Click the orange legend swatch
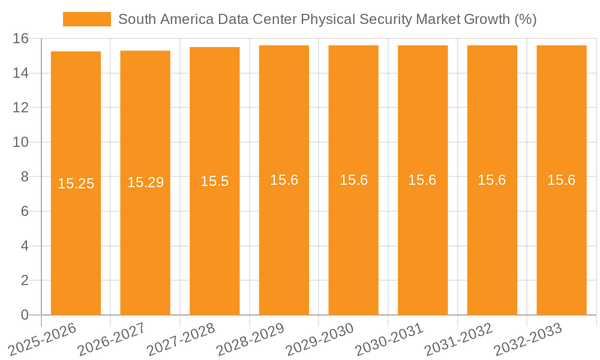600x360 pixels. click(x=87, y=19)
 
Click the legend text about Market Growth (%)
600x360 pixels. click(x=327, y=19)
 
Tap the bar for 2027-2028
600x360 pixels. click(x=215, y=240)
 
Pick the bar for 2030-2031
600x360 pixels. click(x=423, y=240)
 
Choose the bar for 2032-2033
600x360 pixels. click(x=562, y=240)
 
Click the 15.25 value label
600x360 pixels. click(x=76, y=184)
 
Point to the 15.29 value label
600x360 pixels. click(x=145, y=182)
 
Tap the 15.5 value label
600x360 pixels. click(x=215, y=181)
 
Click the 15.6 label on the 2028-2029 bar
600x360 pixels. click(x=284, y=180)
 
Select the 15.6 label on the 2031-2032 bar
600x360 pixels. click(x=492, y=180)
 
